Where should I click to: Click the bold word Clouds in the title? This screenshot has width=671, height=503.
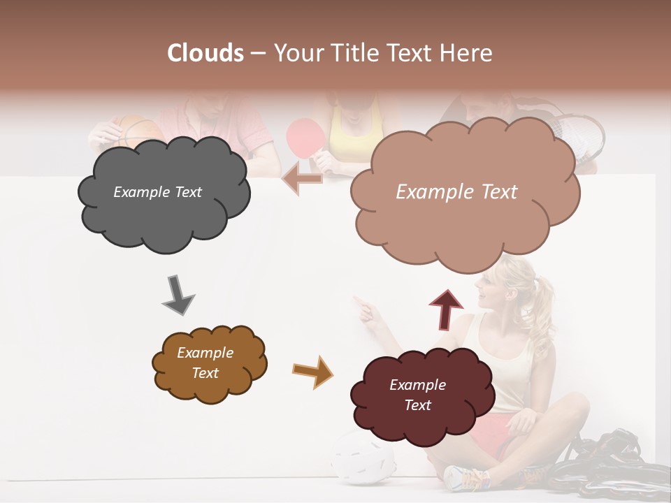pyautogui.click(x=205, y=53)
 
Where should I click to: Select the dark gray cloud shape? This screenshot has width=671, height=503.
pyautogui.click(x=162, y=193)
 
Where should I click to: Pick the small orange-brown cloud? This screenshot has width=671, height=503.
pyautogui.click(x=208, y=363)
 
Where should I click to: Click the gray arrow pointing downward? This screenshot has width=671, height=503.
pyautogui.click(x=178, y=295)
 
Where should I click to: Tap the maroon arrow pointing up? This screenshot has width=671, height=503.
pyautogui.click(x=446, y=309)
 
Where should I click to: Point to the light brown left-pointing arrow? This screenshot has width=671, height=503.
pyautogui.click(x=302, y=180)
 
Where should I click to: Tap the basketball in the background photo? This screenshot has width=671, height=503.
pyautogui.click(x=137, y=129)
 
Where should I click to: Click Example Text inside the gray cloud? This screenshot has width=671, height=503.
pyautogui.click(x=157, y=192)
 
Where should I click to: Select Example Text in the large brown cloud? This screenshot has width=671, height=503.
pyautogui.click(x=456, y=192)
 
